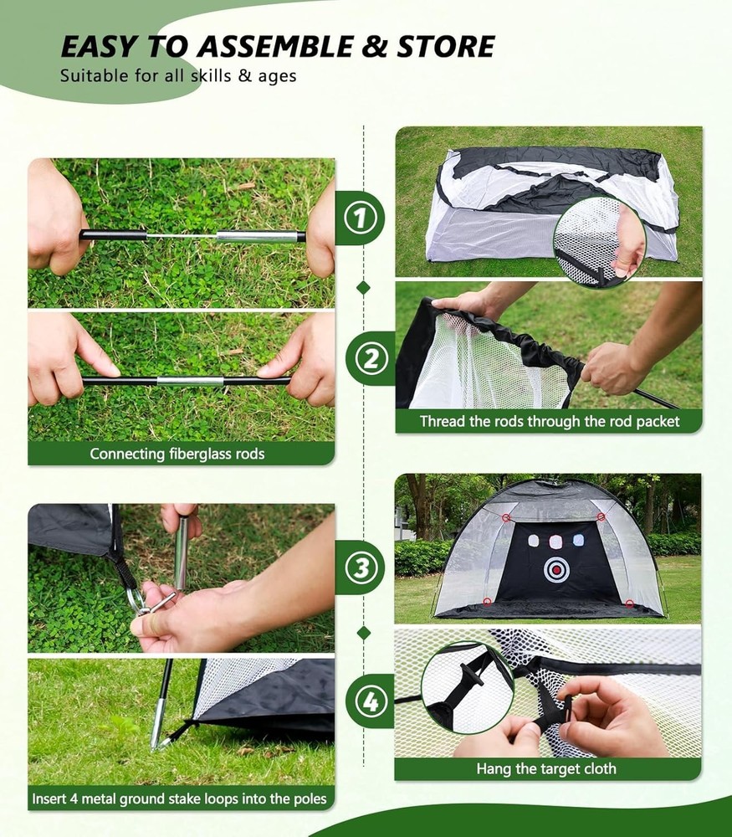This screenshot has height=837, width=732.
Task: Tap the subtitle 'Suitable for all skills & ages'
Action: click(x=177, y=75)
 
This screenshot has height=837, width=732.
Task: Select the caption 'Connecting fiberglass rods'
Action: click(x=177, y=454)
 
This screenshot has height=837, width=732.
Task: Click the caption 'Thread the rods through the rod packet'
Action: click(x=549, y=422)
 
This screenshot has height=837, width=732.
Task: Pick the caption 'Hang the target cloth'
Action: click(x=546, y=768)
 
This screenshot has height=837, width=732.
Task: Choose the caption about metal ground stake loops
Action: click(x=179, y=798)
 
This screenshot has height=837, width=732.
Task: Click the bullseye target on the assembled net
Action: click(x=555, y=570)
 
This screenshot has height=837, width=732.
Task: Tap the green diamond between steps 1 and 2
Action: click(x=363, y=287)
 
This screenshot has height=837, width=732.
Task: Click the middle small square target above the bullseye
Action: click(x=554, y=541)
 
